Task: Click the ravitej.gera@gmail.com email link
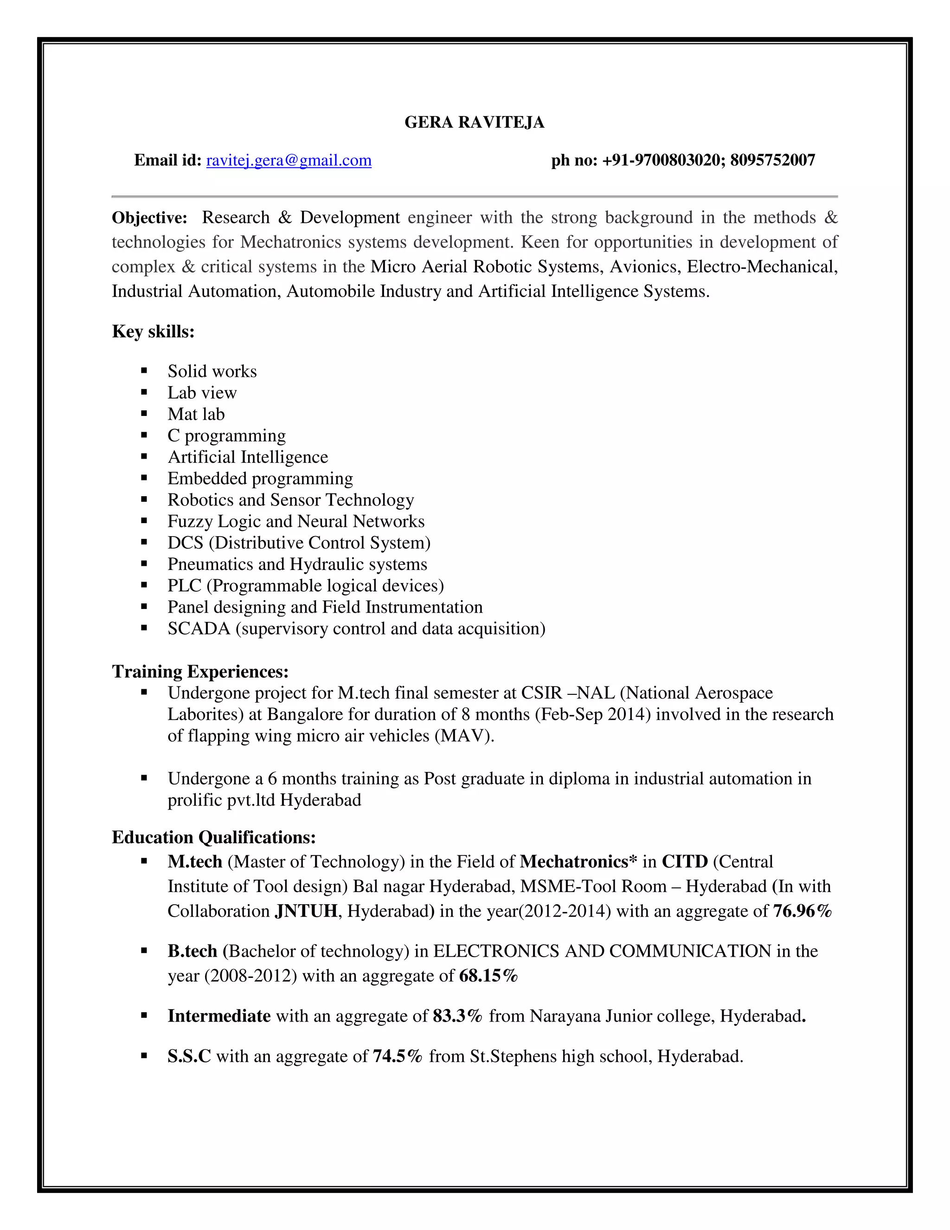[289, 161]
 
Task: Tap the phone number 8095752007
[772, 161]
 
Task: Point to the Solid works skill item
[212, 371]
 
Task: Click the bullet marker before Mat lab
[144, 414]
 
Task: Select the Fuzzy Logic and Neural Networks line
[295, 522]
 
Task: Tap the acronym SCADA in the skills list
[199, 628]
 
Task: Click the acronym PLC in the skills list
[184, 586]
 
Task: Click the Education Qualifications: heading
[213, 837]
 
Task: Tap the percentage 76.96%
[802, 911]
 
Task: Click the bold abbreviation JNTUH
[306, 911]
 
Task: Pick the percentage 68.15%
[488, 976]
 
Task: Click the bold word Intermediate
[219, 1016]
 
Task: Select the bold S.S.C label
[189, 1056]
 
